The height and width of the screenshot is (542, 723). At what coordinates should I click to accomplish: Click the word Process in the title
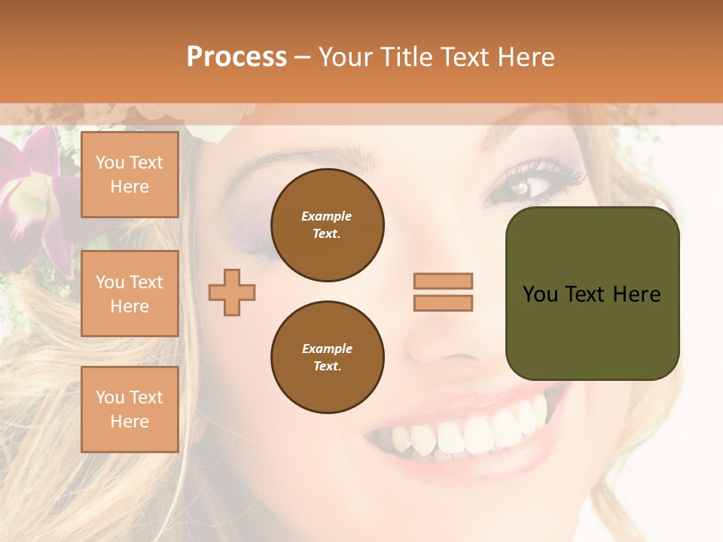[x=236, y=57]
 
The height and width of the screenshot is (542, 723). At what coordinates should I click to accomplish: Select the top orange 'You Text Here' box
[x=130, y=175]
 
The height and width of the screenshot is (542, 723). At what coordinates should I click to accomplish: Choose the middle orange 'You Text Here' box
[x=130, y=294]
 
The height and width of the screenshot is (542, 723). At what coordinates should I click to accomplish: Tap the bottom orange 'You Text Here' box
[x=130, y=410]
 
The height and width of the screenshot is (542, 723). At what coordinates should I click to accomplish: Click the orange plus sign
[x=232, y=292]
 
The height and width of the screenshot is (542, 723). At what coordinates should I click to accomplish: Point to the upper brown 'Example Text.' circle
[x=327, y=225]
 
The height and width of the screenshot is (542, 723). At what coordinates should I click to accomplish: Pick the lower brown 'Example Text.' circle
[x=327, y=358]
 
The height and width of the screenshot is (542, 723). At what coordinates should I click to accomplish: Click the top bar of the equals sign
[x=443, y=281]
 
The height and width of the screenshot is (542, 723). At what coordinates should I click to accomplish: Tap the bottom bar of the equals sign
[x=443, y=303]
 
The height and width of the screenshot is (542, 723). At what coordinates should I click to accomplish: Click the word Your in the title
[x=347, y=57]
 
